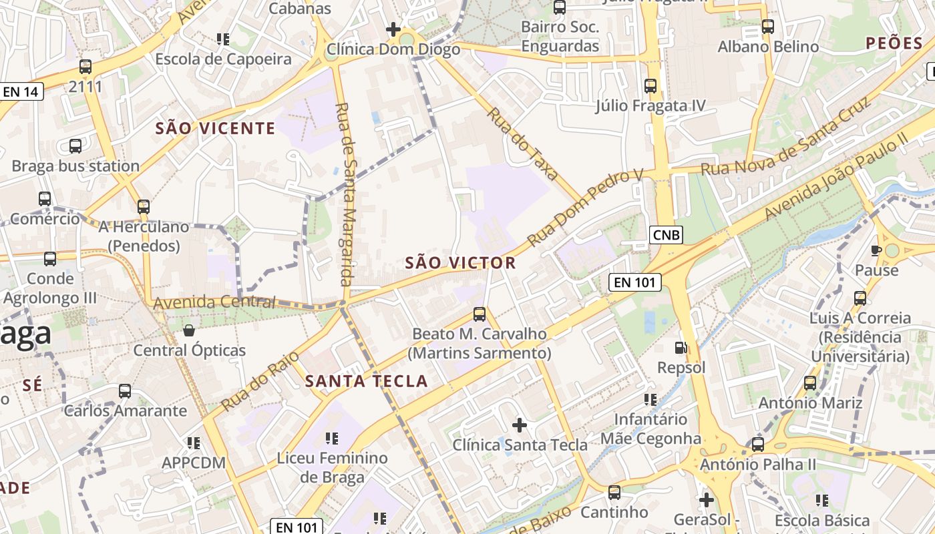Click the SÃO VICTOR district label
[460, 263]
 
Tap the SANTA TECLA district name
[366, 381]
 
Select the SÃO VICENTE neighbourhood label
[215, 128]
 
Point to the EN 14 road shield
[21, 91]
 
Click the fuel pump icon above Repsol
[681, 348]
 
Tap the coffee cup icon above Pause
[877, 250]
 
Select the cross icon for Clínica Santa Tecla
[519, 425]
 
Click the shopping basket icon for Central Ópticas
[189, 330]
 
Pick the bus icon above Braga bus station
[75, 146]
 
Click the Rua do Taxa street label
[522, 144]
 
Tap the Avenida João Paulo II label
[836, 175]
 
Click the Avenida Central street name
[214, 303]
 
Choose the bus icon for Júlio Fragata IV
[650, 86]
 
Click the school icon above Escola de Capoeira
[223, 39]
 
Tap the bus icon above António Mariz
[810, 383]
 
